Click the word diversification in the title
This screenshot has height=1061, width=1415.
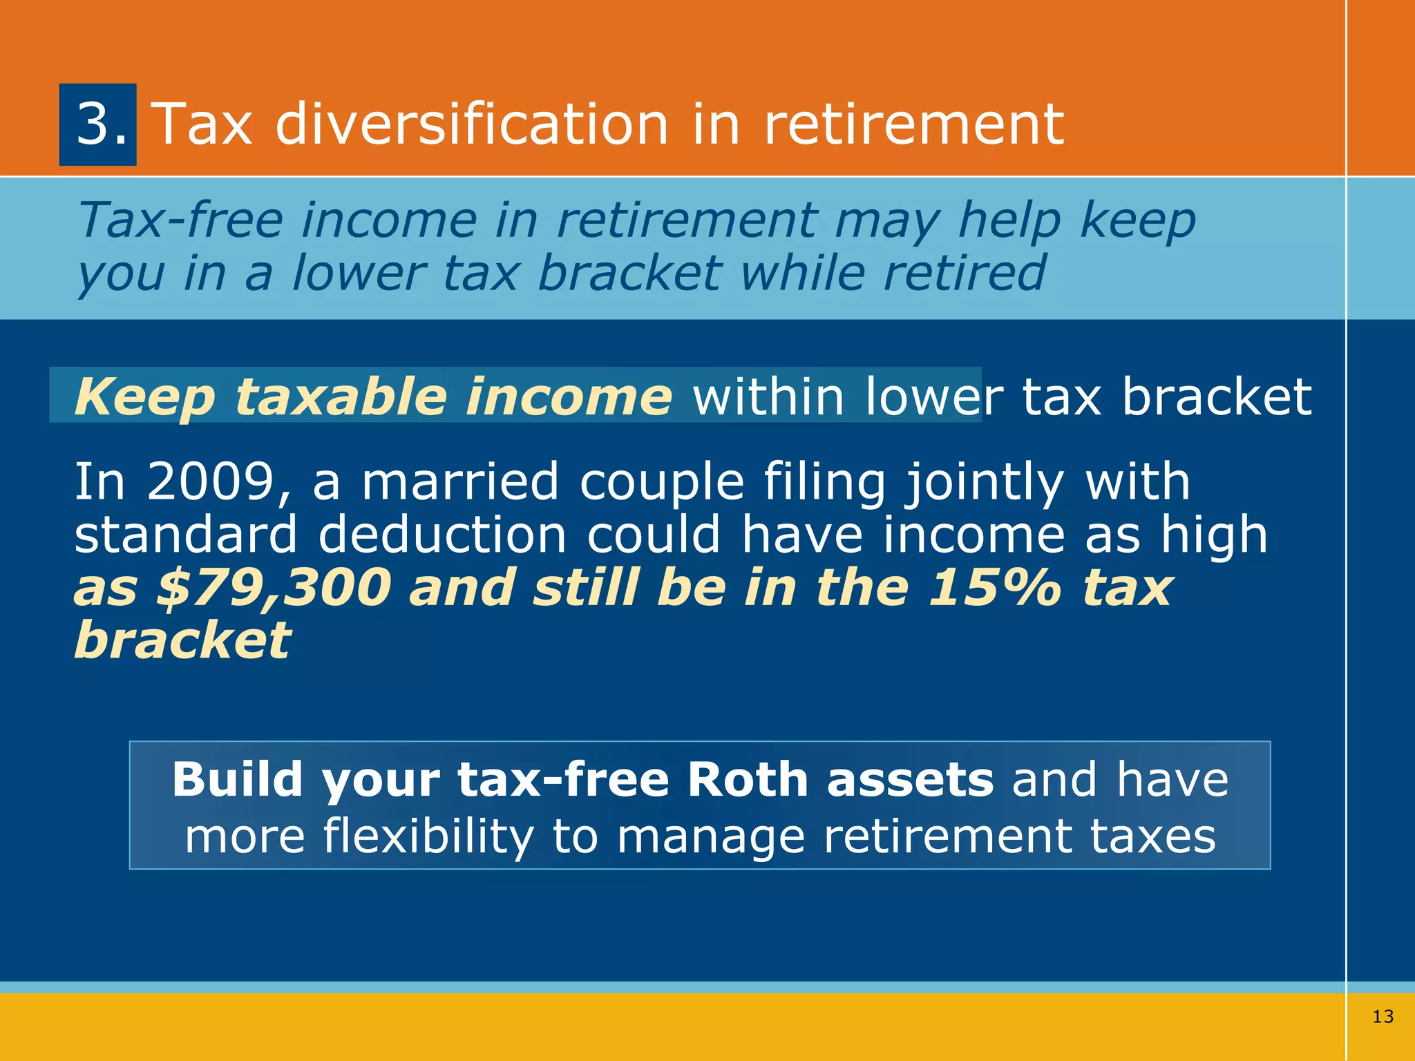point(472,124)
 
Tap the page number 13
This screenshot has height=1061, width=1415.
point(1383,1016)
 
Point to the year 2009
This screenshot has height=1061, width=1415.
point(211,481)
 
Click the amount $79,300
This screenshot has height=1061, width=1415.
point(274,588)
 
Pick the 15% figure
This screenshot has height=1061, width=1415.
point(994,588)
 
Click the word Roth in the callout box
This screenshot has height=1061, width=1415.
point(748,780)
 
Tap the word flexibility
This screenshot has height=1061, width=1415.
point(428,837)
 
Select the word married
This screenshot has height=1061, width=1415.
point(460,481)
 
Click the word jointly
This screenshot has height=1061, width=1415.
point(985,481)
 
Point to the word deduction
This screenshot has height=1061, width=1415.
point(442,535)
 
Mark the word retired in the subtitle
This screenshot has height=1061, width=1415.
point(965,273)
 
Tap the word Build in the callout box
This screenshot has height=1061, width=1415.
point(237,780)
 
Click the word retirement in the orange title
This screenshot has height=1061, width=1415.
point(913,124)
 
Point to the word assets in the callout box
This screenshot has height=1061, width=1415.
point(910,780)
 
